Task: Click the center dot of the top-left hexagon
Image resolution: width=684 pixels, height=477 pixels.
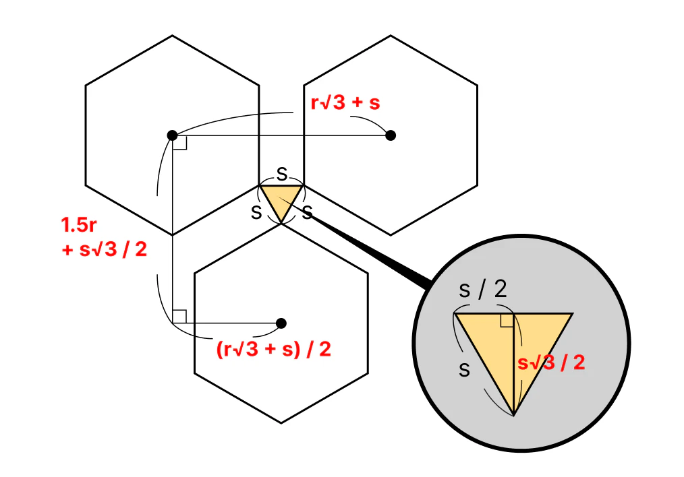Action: click(x=172, y=135)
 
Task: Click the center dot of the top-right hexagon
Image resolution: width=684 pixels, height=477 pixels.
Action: click(x=391, y=135)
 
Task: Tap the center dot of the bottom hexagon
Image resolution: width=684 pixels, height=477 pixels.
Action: click(x=281, y=323)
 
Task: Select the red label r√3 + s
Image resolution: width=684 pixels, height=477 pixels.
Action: click(x=345, y=103)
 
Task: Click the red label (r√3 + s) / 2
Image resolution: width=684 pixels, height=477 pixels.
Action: click(x=273, y=350)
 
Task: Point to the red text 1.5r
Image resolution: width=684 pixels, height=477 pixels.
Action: click(x=79, y=225)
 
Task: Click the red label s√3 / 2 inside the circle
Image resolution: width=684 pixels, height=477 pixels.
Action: click(x=551, y=363)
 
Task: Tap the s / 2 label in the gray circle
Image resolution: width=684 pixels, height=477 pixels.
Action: click(x=483, y=289)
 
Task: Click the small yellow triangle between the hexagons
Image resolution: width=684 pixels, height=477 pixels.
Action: click(x=281, y=199)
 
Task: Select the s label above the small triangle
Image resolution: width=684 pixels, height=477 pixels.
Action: click(x=282, y=174)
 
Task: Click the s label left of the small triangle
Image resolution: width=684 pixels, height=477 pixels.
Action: click(x=256, y=213)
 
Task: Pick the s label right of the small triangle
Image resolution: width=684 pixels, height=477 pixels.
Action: click(x=308, y=213)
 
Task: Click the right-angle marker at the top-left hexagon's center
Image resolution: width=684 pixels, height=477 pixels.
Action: click(x=179, y=142)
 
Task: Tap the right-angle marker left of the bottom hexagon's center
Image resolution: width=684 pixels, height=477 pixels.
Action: click(x=179, y=317)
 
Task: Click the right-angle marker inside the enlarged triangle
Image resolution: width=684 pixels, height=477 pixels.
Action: click(x=507, y=320)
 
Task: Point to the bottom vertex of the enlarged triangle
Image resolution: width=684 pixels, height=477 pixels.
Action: click(x=514, y=415)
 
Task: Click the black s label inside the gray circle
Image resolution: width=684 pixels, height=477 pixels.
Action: click(x=465, y=370)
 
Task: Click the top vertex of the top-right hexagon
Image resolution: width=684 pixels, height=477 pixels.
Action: click(x=391, y=35)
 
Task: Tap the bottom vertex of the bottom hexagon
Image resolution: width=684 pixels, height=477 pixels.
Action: click(x=281, y=423)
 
